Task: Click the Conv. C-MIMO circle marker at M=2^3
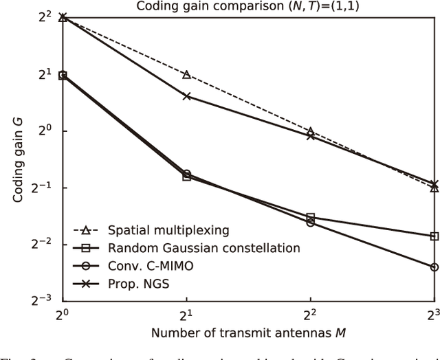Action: click(434, 267)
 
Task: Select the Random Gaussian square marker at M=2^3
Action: click(434, 236)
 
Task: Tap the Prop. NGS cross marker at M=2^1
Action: click(186, 96)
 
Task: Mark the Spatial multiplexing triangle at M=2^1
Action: click(186, 74)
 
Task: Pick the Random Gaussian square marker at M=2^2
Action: click(310, 217)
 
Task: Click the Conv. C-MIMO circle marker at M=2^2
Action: click(310, 223)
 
